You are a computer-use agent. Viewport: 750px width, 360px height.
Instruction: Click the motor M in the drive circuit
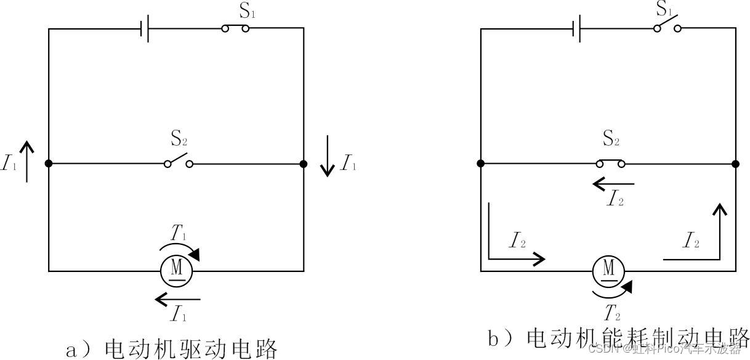click(177, 269)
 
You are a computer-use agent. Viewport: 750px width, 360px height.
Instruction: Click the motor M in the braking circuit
click(609, 270)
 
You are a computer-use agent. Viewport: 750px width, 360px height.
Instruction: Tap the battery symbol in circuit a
click(145, 28)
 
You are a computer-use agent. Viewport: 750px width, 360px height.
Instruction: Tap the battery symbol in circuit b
click(576, 28)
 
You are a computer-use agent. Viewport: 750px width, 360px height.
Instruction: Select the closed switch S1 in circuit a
click(236, 28)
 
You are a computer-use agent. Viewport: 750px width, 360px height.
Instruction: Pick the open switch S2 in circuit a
click(179, 162)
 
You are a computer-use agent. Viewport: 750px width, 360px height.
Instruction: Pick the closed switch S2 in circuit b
click(611, 163)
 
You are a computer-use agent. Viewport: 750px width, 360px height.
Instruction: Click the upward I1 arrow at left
click(26, 161)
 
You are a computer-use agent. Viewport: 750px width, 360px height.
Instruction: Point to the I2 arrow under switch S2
click(613, 183)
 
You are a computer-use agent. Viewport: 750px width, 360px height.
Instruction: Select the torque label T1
click(179, 233)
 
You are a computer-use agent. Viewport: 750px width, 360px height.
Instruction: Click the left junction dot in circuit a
click(49, 164)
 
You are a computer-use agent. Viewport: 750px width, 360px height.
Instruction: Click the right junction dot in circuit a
click(303, 164)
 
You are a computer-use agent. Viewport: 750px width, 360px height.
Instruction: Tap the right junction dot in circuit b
click(735, 164)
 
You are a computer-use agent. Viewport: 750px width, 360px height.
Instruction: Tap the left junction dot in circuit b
click(480, 164)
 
